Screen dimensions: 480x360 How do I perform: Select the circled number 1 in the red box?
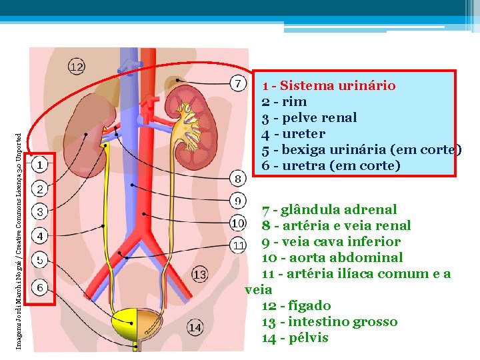pos(40,164)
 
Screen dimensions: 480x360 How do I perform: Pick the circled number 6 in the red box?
pos(40,287)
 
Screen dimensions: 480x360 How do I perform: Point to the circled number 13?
pos(199,274)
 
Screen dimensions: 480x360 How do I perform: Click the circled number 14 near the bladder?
pos(194,327)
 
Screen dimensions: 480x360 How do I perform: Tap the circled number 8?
pos(237,178)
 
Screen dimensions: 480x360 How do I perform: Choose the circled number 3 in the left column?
pos(40,213)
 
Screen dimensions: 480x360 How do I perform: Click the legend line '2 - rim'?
pos(285,101)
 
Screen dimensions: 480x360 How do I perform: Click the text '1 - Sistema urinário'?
pos(329,85)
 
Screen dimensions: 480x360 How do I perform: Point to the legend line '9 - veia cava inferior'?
pos(331,241)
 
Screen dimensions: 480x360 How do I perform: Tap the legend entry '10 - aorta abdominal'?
pos(332,257)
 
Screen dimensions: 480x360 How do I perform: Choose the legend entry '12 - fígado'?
pos(297,305)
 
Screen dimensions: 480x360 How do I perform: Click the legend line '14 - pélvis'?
pos(295,337)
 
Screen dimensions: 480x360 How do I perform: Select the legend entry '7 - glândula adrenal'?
pos(329,209)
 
